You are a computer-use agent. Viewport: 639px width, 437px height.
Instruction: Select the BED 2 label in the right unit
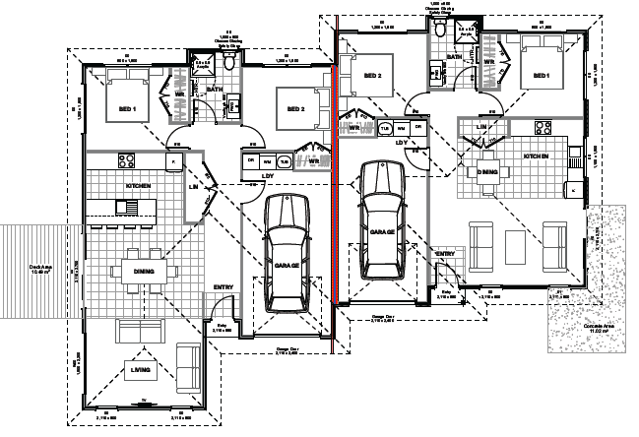click(x=371, y=75)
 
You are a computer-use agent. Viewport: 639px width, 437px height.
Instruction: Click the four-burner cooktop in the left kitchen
click(x=125, y=159)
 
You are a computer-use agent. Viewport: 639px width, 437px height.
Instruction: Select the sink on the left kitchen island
click(x=128, y=207)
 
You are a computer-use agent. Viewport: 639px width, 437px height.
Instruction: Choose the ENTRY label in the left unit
click(x=224, y=287)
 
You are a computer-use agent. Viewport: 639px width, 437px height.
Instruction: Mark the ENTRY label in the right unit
click(x=445, y=253)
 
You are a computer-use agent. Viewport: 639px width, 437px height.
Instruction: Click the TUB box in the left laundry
click(x=283, y=161)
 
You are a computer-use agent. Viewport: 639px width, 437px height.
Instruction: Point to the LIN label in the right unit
click(x=481, y=127)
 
